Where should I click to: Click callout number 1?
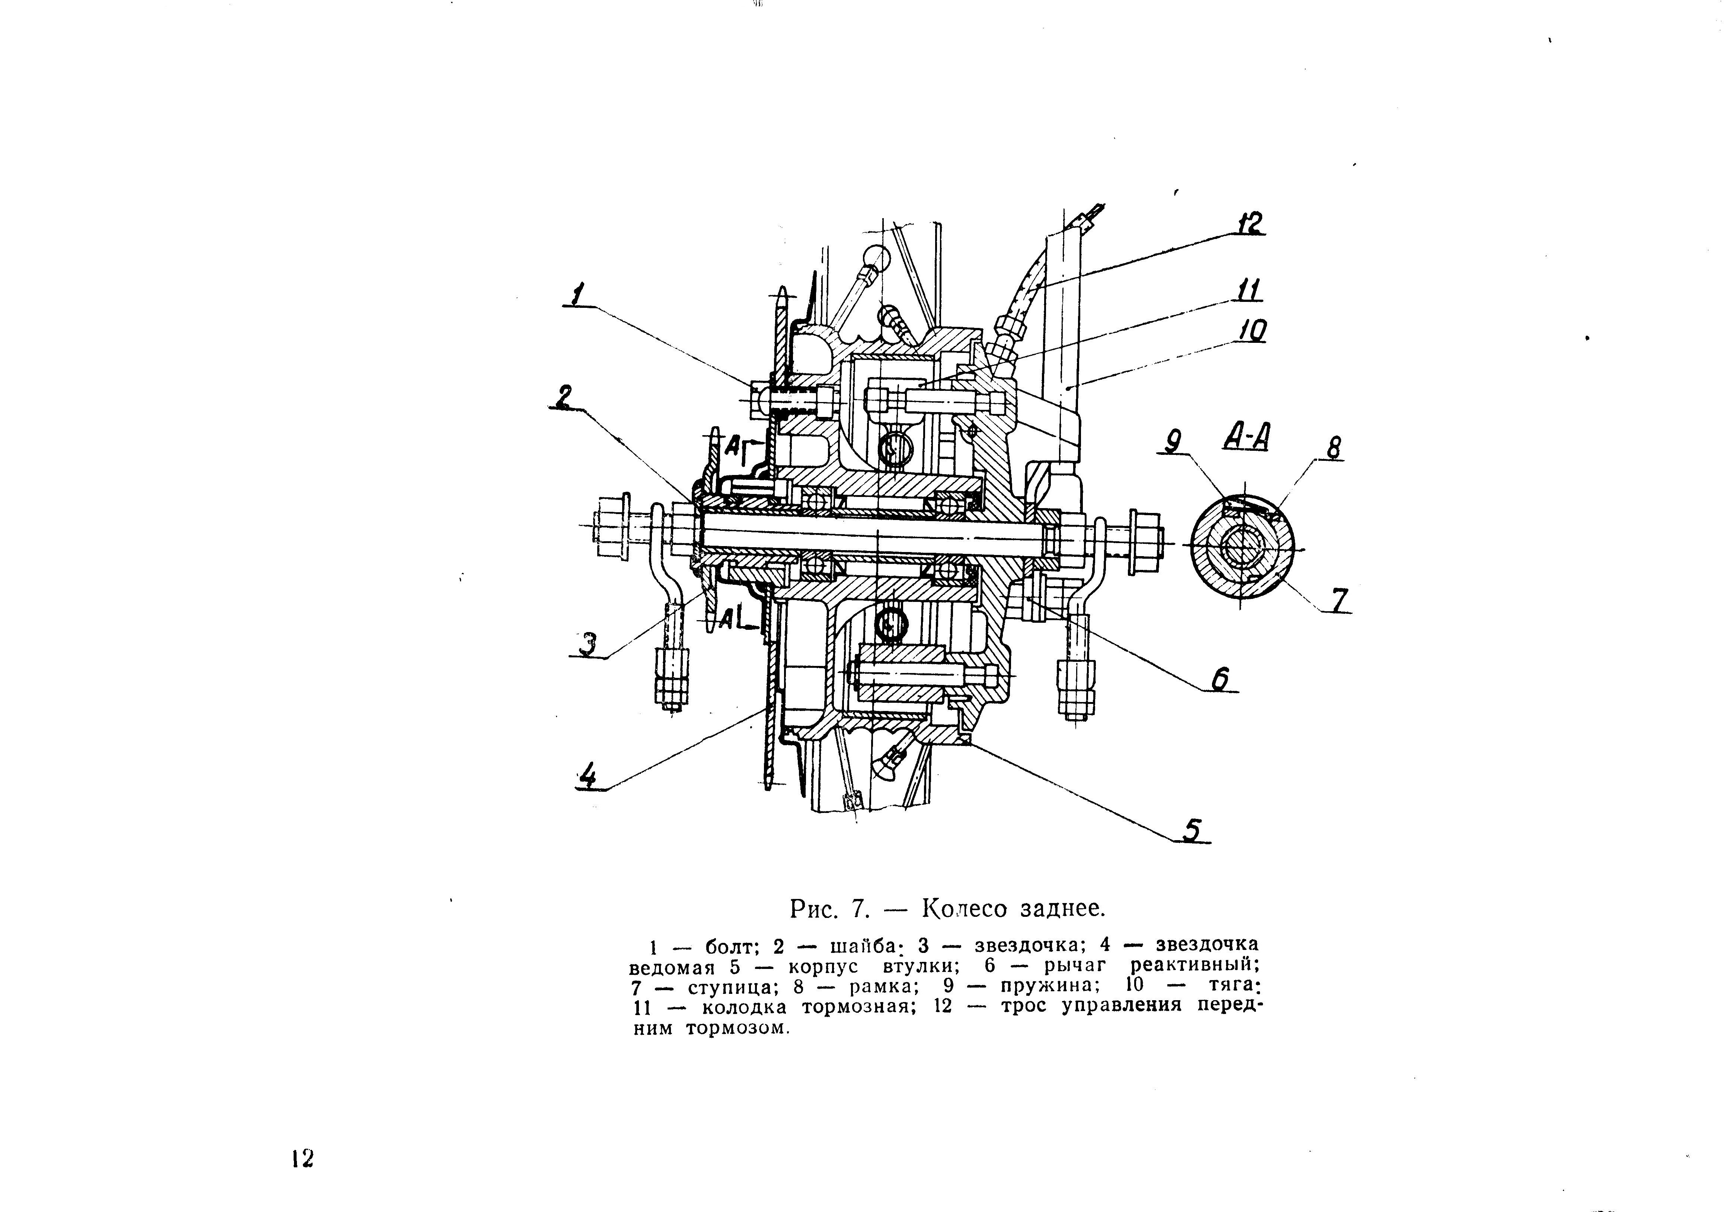coord(577,294)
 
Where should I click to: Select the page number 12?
coord(302,1159)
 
